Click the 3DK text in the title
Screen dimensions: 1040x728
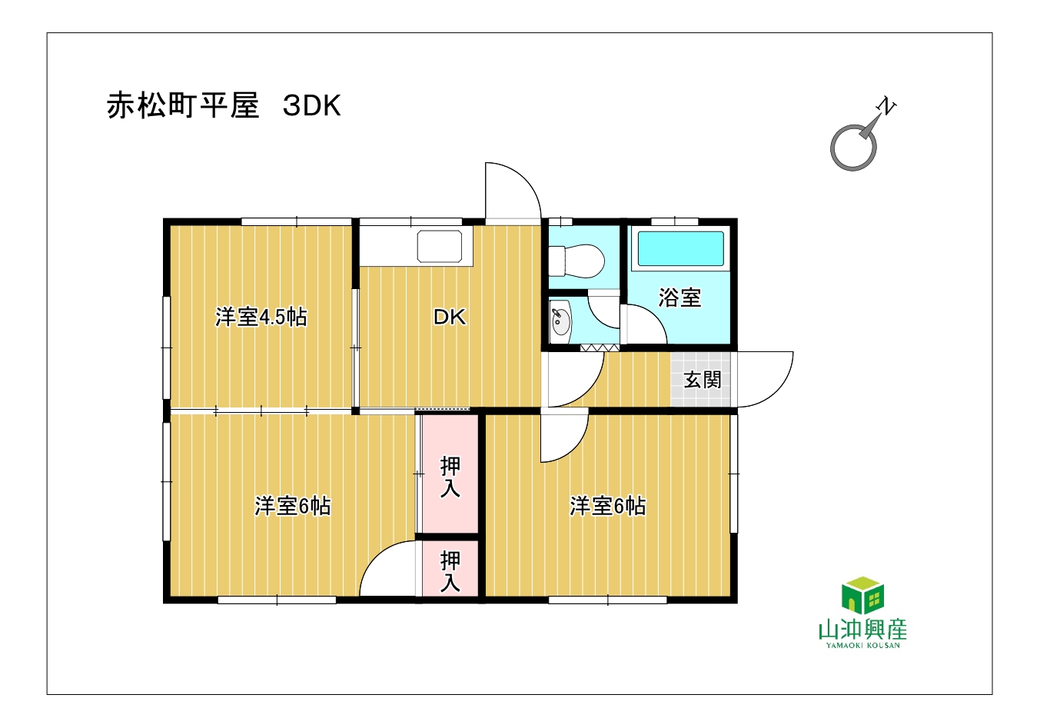click(311, 106)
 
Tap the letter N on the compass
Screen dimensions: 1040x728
click(886, 106)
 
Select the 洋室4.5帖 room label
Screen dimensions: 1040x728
click(261, 317)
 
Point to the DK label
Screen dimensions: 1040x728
click(450, 317)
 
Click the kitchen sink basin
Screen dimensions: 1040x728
click(439, 246)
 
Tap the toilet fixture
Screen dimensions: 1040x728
click(576, 261)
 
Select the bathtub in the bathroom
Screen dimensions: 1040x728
click(680, 249)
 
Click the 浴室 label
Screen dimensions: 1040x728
click(679, 298)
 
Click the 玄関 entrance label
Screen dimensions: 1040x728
click(703, 380)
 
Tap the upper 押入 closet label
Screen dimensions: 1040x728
click(450, 477)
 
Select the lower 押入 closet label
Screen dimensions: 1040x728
click(450, 571)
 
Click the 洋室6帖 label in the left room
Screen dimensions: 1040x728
click(293, 506)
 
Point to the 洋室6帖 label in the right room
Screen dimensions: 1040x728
click(608, 506)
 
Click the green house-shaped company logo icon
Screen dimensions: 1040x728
click(862, 595)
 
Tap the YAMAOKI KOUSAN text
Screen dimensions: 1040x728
click(862, 645)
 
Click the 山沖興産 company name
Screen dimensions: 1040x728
click(862, 629)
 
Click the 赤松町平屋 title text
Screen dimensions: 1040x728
click(183, 106)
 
